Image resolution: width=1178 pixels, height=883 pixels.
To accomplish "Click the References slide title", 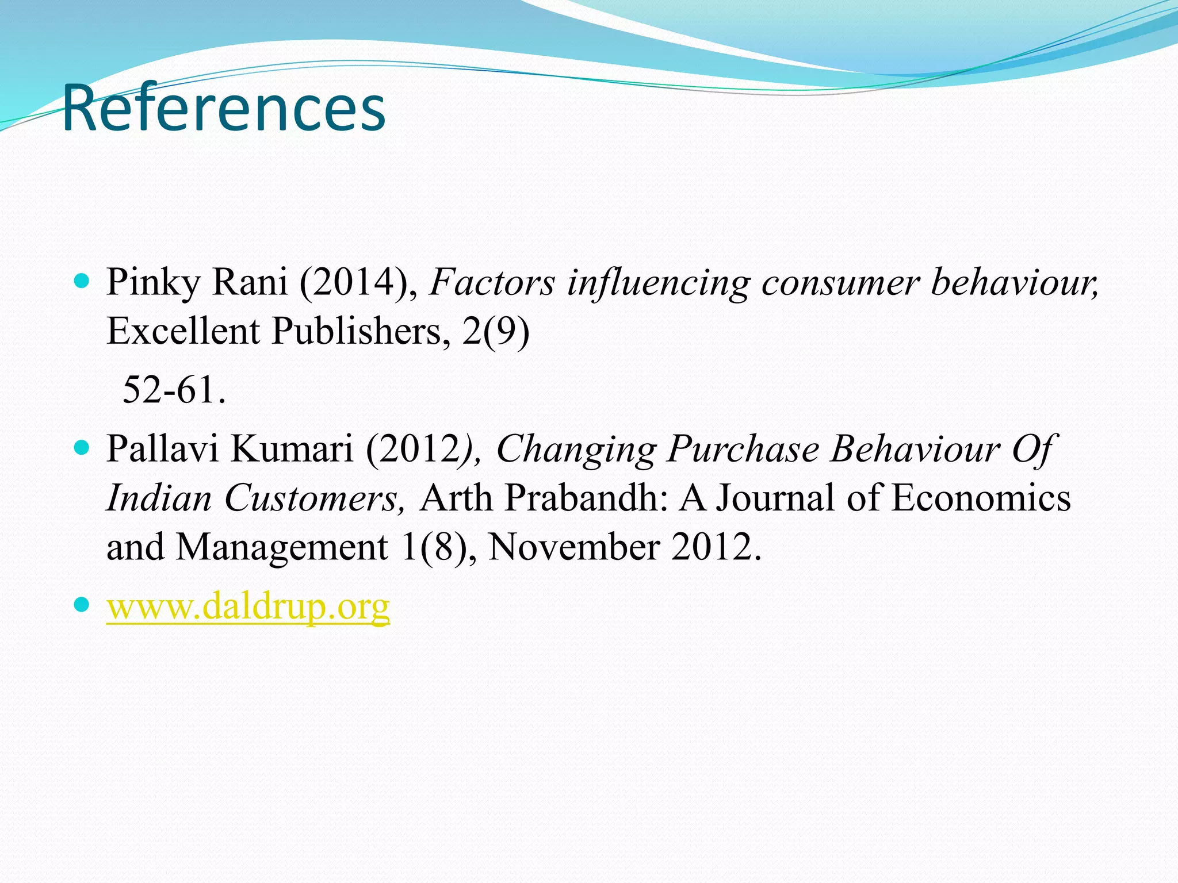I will (x=223, y=108).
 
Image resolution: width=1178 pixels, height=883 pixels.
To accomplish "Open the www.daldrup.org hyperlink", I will (x=248, y=606).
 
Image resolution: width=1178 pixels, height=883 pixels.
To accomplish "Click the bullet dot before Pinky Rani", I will (x=82, y=281).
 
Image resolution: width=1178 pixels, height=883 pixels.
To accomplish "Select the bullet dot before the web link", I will (x=82, y=604).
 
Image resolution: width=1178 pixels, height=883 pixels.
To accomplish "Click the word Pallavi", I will (x=162, y=448).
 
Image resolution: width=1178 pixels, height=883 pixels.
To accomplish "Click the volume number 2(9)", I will (x=495, y=332).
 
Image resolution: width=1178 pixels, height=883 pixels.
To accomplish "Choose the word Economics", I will (x=981, y=497).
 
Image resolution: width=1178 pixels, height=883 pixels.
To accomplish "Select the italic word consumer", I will (x=840, y=282).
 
